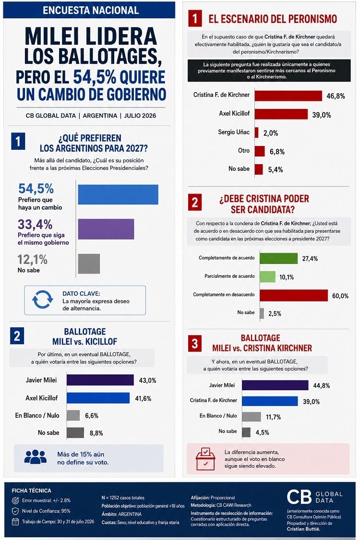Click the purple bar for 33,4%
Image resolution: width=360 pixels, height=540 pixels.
106,229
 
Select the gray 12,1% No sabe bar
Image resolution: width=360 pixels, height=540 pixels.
89,264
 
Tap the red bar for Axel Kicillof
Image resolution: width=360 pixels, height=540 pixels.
281,114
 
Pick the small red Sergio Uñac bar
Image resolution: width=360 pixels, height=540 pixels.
257,132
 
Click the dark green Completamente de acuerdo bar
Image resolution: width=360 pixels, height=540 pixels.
279,258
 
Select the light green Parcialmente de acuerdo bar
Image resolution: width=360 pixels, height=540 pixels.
268,276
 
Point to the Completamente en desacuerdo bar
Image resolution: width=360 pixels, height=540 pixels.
294,296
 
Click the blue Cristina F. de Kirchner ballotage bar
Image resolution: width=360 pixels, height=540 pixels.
270,401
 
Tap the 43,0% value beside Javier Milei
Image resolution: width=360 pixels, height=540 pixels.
147,381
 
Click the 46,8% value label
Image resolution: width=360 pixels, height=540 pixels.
336,96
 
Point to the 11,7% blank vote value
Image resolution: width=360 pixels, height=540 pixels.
273,417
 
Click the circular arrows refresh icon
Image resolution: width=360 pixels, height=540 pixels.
42,300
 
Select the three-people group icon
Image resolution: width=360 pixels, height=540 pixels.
35,457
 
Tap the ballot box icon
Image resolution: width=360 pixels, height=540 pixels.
205,459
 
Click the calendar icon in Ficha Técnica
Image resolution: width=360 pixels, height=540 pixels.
15,521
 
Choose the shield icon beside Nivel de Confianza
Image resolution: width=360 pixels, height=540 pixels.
15,511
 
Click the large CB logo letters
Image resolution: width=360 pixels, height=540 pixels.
299,497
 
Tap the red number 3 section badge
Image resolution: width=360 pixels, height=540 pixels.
195,343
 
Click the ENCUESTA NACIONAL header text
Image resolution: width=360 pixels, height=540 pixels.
91,11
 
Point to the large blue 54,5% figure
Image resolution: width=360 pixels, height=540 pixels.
36,189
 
